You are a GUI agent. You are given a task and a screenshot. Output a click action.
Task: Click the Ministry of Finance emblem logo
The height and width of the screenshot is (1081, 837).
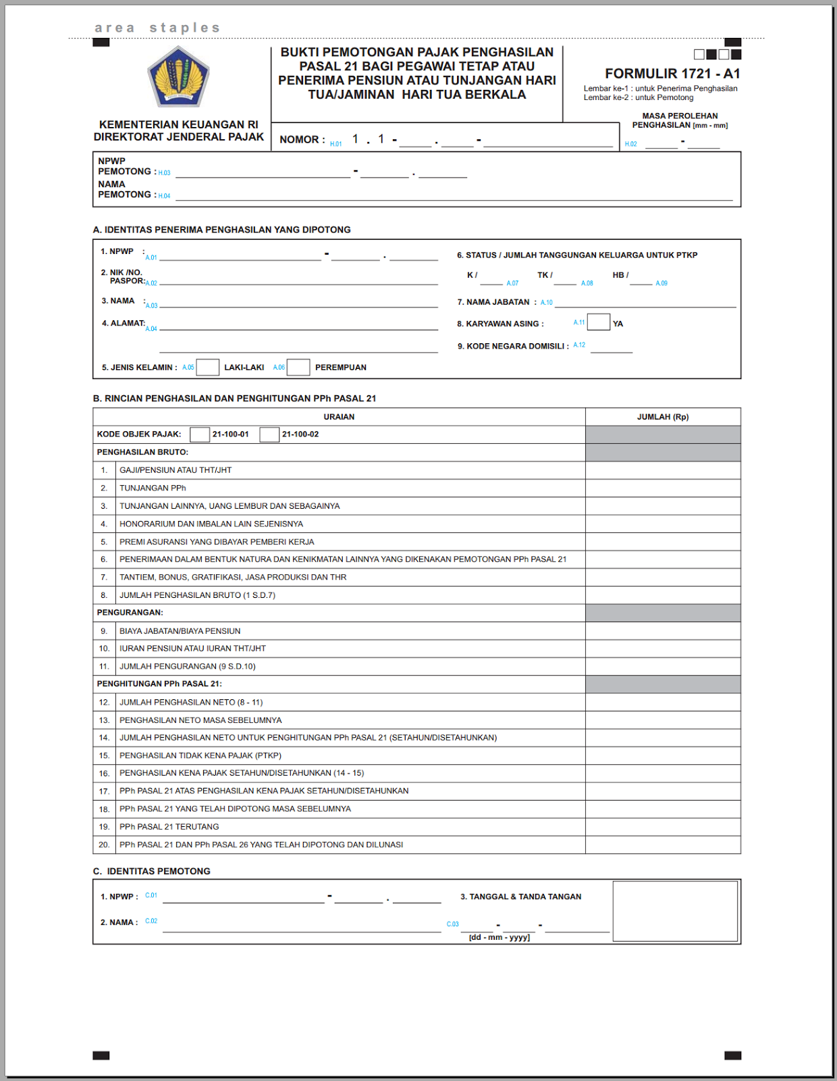(x=178, y=77)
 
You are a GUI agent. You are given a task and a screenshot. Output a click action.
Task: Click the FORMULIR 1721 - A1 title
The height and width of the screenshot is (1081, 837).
(x=672, y=74)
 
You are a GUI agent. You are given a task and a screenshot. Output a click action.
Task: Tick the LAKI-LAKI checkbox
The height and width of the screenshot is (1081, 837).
(x=207, y=367)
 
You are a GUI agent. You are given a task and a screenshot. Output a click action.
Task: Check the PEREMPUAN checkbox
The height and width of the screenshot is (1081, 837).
(x=298, y=367)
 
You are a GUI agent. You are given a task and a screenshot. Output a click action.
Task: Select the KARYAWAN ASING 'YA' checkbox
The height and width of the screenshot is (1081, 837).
(x=598, y=322)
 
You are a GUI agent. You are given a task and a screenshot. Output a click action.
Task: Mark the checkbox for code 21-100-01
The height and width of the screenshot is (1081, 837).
(x=200, y=434)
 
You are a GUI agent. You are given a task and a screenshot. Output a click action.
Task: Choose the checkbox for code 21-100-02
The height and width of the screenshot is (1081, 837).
(x=269, y=434)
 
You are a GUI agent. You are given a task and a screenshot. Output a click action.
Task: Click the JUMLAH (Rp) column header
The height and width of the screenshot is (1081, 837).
(x=662, y=417)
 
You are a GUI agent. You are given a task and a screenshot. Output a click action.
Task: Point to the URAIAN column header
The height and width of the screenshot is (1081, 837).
(x=339, y=417)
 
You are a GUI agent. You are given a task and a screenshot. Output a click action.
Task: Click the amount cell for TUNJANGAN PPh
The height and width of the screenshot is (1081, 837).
(x=662, y=488)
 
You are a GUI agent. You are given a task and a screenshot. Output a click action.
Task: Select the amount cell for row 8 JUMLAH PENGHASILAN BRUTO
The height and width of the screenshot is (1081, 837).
(x=662, y=595)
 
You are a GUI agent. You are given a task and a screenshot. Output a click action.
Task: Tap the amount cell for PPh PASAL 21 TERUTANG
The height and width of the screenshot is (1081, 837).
(x=662, y=826)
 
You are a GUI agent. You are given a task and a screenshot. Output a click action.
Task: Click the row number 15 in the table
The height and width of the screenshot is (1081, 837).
(x=104, y=755)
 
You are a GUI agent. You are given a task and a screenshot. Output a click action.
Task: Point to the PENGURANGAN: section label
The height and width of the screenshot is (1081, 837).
(x=130, y=613)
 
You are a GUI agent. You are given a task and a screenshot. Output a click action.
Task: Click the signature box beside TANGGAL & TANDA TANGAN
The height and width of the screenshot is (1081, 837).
(x=674, y=911)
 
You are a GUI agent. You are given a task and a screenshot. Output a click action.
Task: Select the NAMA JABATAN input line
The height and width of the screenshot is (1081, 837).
(x=645, y=303)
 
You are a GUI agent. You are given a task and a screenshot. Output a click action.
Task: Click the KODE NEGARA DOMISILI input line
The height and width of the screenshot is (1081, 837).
(x=611, y=348)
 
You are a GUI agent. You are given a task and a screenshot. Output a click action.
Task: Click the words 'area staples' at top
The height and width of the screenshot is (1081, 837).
(x=157, y=28)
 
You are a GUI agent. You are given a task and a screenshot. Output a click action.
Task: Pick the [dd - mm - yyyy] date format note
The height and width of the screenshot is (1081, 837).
(x=499, y=938)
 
